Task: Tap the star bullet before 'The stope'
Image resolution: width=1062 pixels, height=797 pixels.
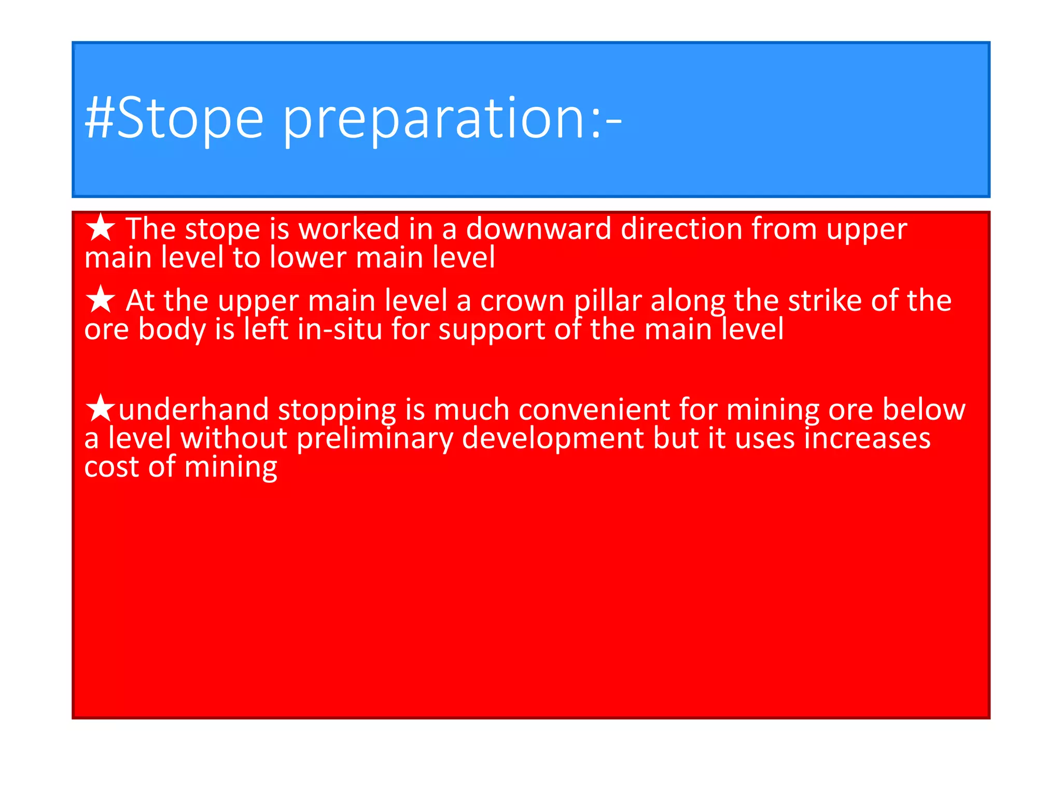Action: click(101, 228)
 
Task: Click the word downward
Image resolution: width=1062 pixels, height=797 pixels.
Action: click(538, 229)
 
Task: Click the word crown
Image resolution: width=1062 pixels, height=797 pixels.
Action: click(522, 301)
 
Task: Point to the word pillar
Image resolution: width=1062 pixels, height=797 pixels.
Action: click(608, 301)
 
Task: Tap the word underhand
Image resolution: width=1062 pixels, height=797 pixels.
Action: click(193, 409)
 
